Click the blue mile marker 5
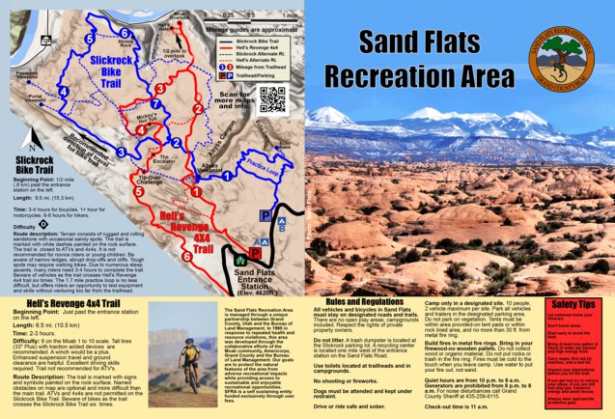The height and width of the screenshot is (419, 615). [x=89, y=37]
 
